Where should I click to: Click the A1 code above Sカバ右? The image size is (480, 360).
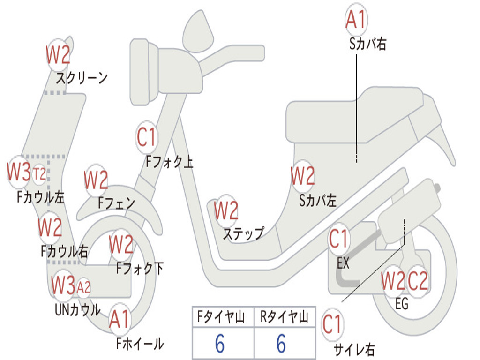pos(356,20)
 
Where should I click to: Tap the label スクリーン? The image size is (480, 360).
pos(82,77)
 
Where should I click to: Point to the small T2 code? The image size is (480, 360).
pos(39,174)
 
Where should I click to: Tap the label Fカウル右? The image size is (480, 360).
pos(64,251)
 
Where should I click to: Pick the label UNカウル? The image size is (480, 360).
pos(78,309)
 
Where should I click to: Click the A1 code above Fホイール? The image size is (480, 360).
pos(120,321)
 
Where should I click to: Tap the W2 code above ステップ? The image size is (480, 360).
pos(226,211)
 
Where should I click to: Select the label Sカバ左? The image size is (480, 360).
pos(318,201)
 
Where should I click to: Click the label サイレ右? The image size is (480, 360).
pos(354,349)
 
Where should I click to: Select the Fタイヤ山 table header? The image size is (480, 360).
pos(223,317)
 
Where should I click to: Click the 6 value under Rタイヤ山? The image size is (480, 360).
pos(281,343)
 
